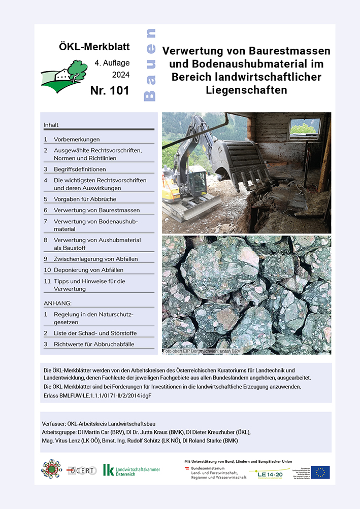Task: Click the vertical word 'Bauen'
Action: pyautogui.click(x=150, y=64)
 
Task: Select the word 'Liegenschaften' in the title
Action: pyautogui.click(x=246, y=90)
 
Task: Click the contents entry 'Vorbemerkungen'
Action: pyautogui.click(x=77, y=139)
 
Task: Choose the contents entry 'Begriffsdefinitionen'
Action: pyautogui.click(x=80, y=169)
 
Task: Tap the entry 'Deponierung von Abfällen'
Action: pyautogui.click(x=88, y=270)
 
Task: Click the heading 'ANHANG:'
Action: pyautogui.click(x=57, y=303)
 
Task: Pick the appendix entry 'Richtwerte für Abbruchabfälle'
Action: pyautogui.click(x=97, y=344)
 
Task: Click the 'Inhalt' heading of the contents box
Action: pyautogui.click(x=51, y=124)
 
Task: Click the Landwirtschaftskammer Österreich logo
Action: pyautogui.click(x=131, y=470)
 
